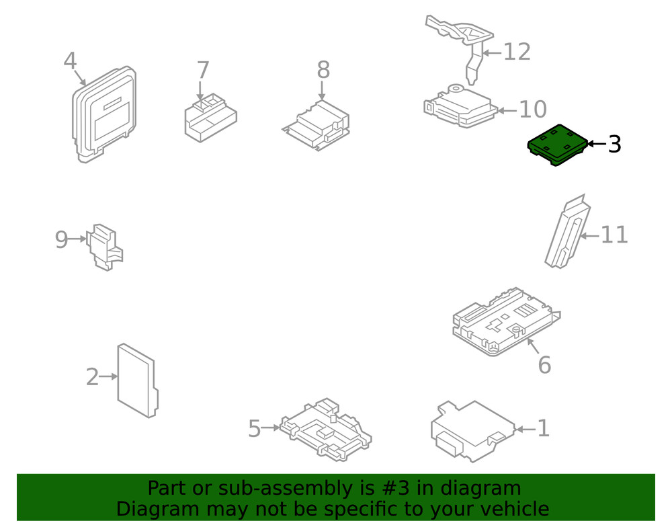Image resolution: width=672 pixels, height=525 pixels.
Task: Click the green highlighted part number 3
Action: (x=556, y=145)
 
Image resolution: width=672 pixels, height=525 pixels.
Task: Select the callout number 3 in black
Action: (x=614, y=144)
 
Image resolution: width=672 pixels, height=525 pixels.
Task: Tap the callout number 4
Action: (x=70, y=61)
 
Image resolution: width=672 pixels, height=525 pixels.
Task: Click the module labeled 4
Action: (x=104, y=114)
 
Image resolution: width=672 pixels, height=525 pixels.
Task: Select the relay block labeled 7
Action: (x=210, y=118)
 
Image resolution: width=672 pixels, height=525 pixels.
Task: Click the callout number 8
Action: (x=323, y=70)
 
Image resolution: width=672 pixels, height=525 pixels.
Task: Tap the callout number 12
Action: (x=517, y=52)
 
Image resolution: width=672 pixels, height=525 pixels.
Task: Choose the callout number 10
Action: (x=533, y=110)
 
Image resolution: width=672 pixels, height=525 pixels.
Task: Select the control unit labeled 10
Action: (x=461, y=106)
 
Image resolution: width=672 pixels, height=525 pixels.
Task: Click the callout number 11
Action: (x=614, y=235)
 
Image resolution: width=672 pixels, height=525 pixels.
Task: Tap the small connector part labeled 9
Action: (x=105, y=247)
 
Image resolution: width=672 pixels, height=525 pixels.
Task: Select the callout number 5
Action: (x=254, y=428)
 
